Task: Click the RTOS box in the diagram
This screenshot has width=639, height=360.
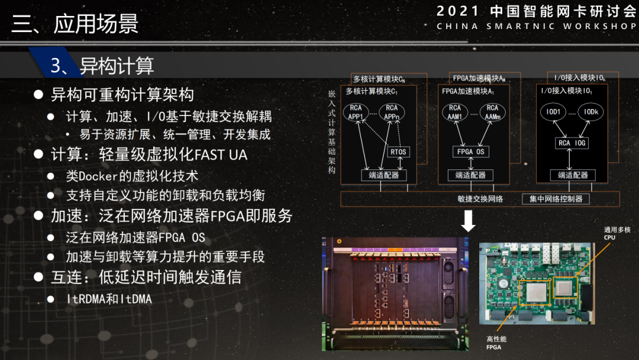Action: click(x=398, y=152)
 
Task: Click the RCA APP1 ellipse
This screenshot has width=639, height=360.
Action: click(x=356, y=112)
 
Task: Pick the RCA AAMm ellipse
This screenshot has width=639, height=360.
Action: click(x=492, y=112)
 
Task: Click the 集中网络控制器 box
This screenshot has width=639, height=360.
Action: click(x=556, y=199)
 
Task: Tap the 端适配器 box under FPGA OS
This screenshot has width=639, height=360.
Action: click(x=470, y=175)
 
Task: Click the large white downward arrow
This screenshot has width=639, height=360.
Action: click(x=468, y=221)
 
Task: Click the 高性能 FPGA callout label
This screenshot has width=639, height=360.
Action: click(x=496, y=343)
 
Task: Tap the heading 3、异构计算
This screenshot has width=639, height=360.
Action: click(x=102, y=66)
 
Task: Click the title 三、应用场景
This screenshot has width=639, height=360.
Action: click(x=75, y=24)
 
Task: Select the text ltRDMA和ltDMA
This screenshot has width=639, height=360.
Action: click(x=108, y=299)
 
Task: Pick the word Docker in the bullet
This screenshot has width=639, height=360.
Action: click(x=98, y=176)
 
